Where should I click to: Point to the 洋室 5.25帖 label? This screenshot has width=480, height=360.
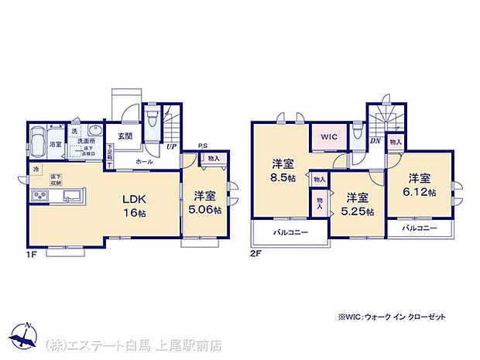click(357, 203)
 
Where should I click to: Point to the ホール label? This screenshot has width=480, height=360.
click(143, 162)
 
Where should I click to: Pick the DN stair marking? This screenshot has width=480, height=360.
click(375, 140)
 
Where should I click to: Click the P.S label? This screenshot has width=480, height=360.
click(203, 146)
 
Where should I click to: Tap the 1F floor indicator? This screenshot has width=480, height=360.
click(32, 253)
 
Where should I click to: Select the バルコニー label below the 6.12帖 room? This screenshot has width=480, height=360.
click(420, 228)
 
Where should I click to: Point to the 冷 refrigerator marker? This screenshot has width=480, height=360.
click(36, 168)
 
